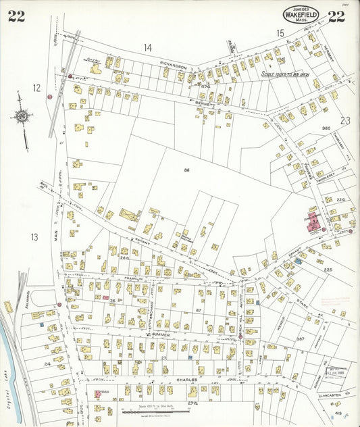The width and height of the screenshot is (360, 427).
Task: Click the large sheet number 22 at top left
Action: [16, 17]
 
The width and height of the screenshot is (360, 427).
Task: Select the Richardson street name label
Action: [173, 66]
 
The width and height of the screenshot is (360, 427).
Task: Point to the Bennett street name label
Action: [205, 105]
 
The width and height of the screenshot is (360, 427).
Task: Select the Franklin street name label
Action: [134, 278]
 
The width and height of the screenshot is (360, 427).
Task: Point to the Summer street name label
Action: [160, 334]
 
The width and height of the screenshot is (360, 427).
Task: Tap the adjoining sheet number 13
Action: [34, 236]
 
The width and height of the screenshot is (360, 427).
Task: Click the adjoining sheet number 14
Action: [148, 47]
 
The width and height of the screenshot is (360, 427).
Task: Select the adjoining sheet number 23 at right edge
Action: [345, 120]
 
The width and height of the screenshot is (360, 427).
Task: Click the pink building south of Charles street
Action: [98, 393]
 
